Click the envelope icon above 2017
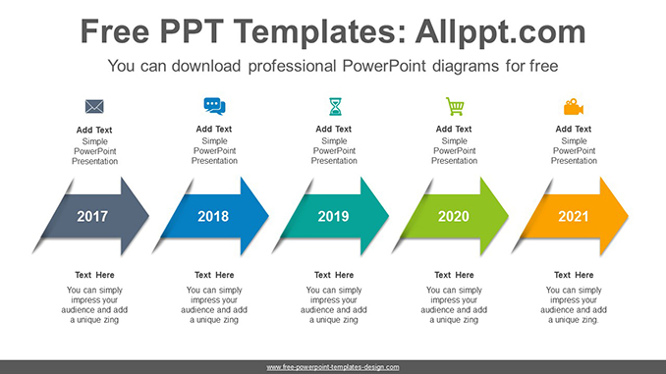coord(94,106)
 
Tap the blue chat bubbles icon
coord(214,106)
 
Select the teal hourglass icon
coord(335,106)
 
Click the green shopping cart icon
coord(455,106)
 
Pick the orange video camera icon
coord(574,106)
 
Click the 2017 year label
coord(92,216)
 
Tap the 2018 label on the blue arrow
coord(213,216)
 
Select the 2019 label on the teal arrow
coord(333,216)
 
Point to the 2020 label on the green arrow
coord(453,216)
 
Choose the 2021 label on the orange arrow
coord(574,216)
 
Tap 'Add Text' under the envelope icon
coord(94,129)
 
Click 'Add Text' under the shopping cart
coord(455,129)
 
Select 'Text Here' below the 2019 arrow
coord(334,275)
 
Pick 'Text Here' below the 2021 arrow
coord(575,275)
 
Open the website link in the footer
coord(333,367)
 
